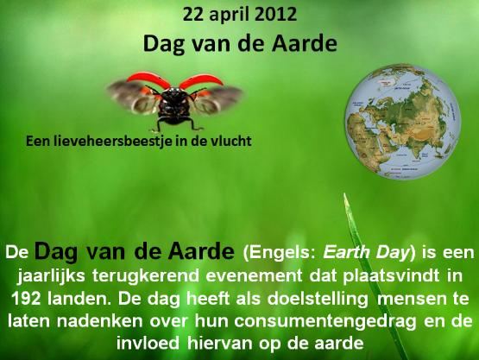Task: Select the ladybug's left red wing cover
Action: click(148, 79)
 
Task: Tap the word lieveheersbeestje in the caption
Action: click(108, 142)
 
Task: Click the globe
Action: click(403, 122)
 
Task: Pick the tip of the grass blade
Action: click(344, 193)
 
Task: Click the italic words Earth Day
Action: click(366, 253)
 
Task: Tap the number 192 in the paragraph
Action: click(26, 299)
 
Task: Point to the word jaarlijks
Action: click(51, 276)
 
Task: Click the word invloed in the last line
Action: click(148, 344)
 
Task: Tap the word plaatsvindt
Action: click(391, 276)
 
